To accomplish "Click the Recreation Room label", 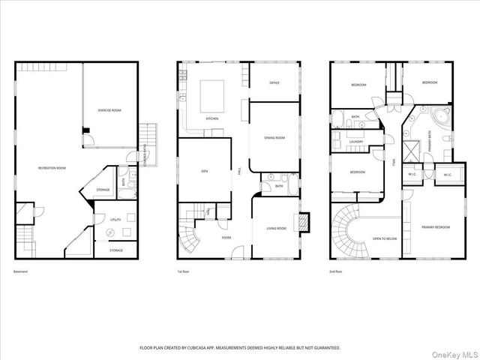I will coord(52,168).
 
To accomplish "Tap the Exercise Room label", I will coord(109,110).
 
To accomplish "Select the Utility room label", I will coord(115,220).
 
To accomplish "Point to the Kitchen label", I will coord(212,118).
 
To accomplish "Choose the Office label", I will coord(274,82).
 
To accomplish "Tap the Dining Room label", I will coord(274,138).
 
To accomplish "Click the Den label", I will coord(204,172).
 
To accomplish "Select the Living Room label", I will coord(277,228).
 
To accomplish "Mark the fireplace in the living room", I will coord(304,223).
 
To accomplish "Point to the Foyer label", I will coord(226,238).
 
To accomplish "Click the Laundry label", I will coord(356,141).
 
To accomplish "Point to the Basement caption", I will coord(20,271).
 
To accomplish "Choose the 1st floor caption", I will coord(184,271).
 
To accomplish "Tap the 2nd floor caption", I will coord(336,271).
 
